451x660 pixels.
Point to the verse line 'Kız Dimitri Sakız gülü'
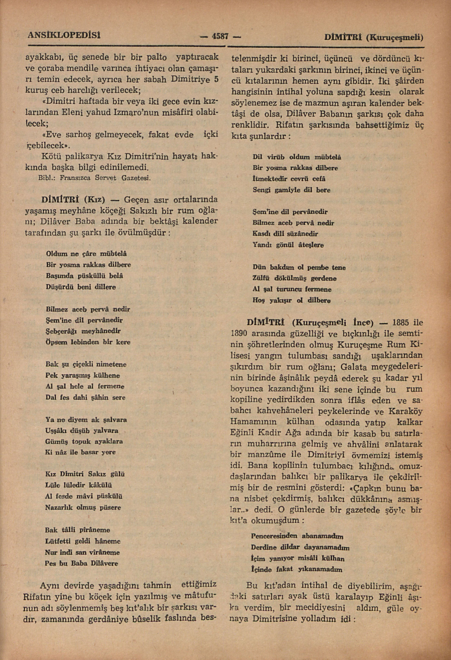click(x=85, y=474)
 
